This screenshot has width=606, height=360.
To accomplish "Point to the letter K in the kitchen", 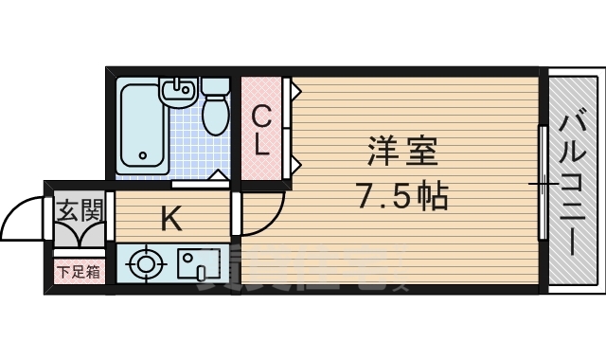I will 170,219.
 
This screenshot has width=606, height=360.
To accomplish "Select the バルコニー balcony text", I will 571,180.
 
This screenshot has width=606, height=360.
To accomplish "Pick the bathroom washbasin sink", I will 178,92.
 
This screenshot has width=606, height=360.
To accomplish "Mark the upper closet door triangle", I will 295,93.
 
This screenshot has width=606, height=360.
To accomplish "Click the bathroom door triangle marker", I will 218,174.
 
